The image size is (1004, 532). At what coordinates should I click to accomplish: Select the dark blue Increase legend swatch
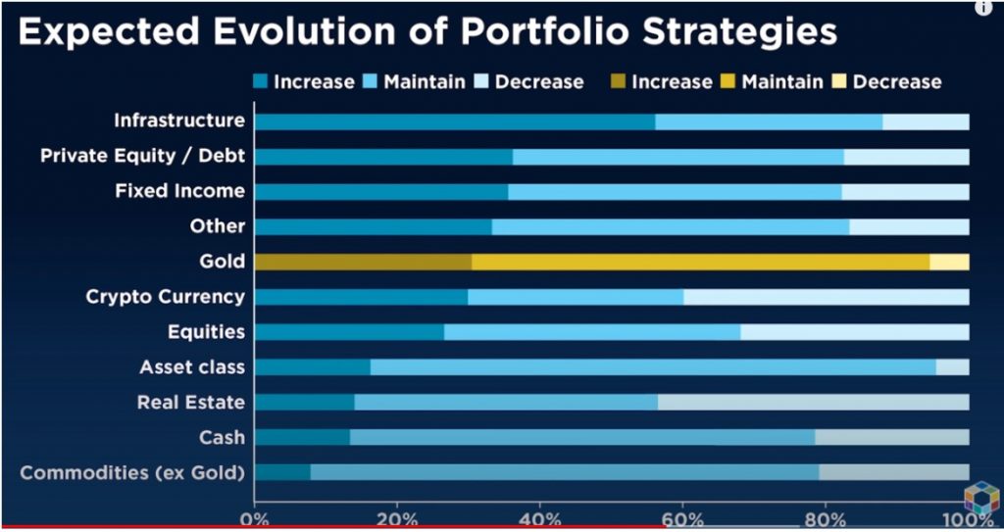click(261, 82)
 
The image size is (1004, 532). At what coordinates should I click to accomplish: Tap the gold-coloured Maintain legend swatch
click(729, 82)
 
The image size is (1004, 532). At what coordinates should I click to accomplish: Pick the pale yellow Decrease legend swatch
click(840, 82)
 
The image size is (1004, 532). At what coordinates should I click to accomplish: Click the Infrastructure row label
click(179, 121)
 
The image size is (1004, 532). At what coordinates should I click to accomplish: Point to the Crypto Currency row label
click(165, 296)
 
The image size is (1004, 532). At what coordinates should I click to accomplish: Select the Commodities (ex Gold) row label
click(132, 473)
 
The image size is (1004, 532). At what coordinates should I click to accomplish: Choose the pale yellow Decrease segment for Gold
click(949, 262)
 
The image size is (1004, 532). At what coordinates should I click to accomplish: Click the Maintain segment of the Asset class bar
click(653, 367)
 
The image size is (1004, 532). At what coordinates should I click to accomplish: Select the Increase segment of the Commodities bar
click(282, 473)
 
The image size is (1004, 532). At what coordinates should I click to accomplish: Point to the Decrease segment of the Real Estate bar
click(813, 403)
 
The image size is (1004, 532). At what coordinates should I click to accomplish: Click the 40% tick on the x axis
click(539, 519)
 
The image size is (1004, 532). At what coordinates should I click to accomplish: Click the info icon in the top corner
click(983, 8)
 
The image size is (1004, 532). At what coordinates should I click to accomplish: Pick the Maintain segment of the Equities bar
click(592, 332)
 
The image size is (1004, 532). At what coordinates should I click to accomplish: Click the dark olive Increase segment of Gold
click(363, 262)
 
